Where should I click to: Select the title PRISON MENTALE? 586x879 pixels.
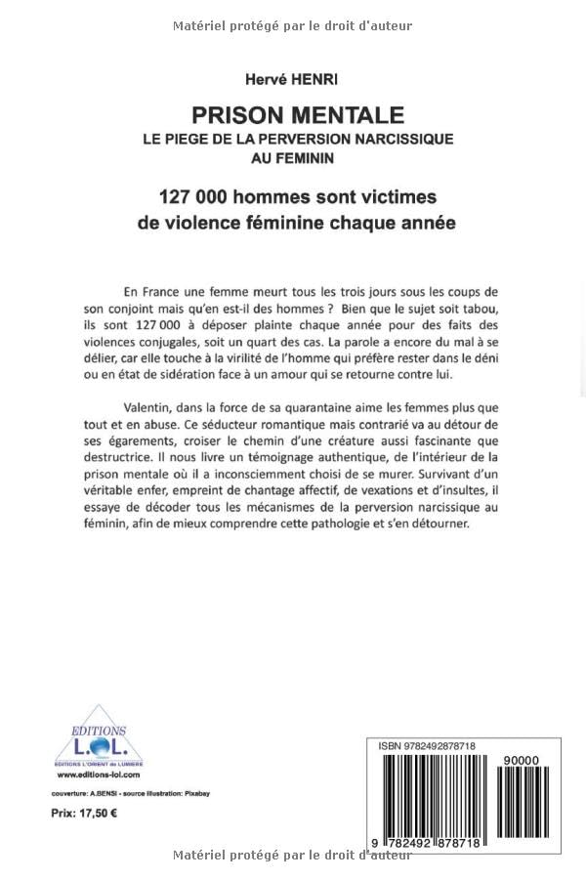(293, 115)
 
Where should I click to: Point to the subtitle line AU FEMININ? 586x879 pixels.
(293, 157)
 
